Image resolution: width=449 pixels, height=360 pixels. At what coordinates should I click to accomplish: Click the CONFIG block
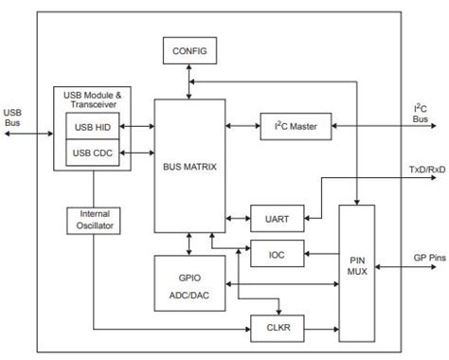point(190,49)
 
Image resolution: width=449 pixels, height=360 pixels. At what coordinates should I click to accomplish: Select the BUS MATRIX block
point(190,167)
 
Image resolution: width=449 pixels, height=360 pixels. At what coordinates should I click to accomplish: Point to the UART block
point(275,219)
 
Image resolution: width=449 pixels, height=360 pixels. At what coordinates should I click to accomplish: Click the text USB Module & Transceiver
point(91,99)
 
